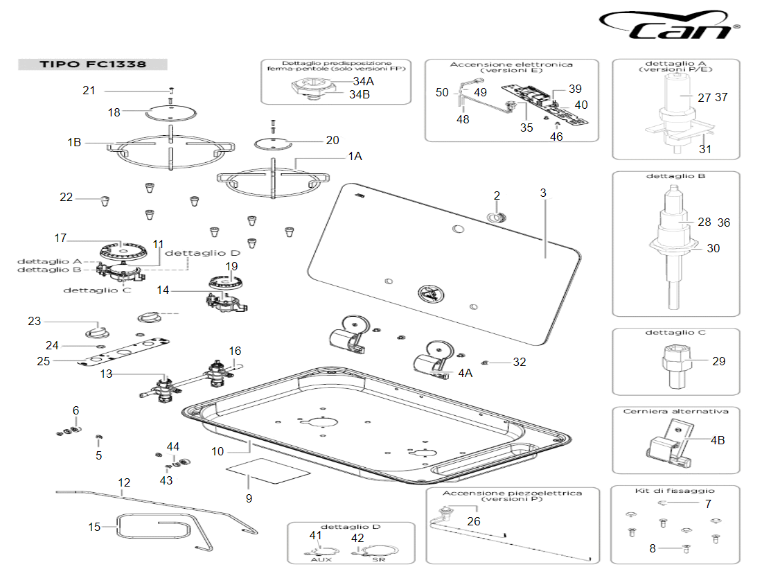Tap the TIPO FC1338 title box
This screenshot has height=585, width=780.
(92, 64)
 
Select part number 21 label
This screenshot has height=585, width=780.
(89, 90)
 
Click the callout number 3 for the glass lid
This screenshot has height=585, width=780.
(544, 193)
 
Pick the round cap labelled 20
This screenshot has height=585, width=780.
(272, 143)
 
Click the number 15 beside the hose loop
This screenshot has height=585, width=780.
(95, 527)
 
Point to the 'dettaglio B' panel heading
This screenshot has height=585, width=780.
(675, 176)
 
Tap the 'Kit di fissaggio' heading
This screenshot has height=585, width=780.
(675, 491)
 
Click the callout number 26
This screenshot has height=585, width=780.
(473, 521)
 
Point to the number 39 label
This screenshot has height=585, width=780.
(575, 89)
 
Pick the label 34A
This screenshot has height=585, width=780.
(362, 81)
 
